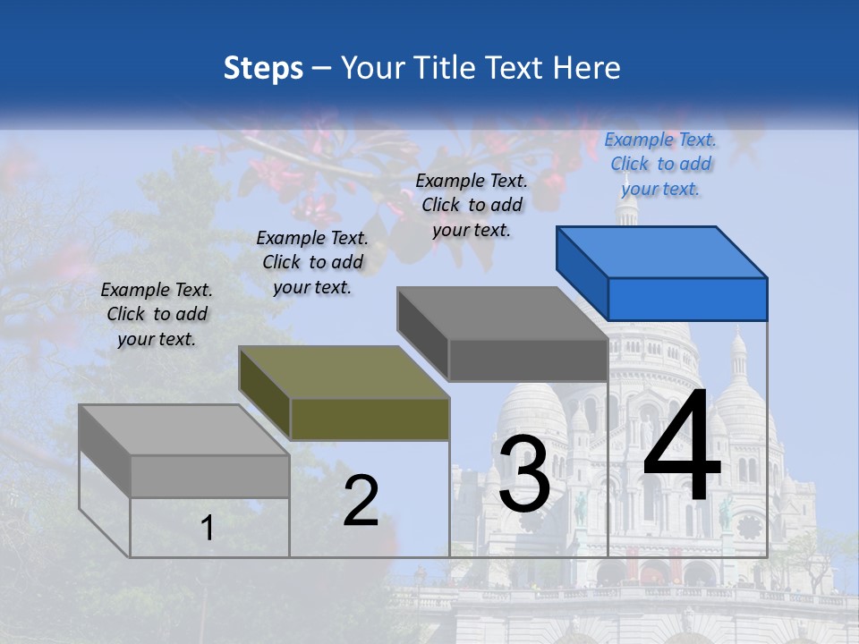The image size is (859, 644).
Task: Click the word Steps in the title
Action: tap(263, 68)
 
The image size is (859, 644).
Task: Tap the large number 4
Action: tap(682, 447)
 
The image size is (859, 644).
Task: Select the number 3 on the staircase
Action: tap(523, 473)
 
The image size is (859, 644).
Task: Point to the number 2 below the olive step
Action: tap(361, 501)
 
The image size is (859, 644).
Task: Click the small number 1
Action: tap(207, 528)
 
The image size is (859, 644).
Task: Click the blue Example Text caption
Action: tap(660, 164)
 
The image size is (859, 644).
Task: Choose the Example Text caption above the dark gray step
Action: tap(472, 205)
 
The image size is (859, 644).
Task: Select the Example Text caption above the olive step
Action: tap(312, 262)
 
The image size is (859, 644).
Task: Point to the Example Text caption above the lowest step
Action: tap(157, 314)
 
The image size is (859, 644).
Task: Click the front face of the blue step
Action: tap(687, 299)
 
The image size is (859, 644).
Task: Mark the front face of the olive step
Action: tap(370, 419)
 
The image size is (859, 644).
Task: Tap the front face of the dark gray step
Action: tap(528, 360)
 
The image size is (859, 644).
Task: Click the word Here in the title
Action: tap(589, 68)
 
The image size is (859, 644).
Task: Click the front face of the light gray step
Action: tap(209, 476)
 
